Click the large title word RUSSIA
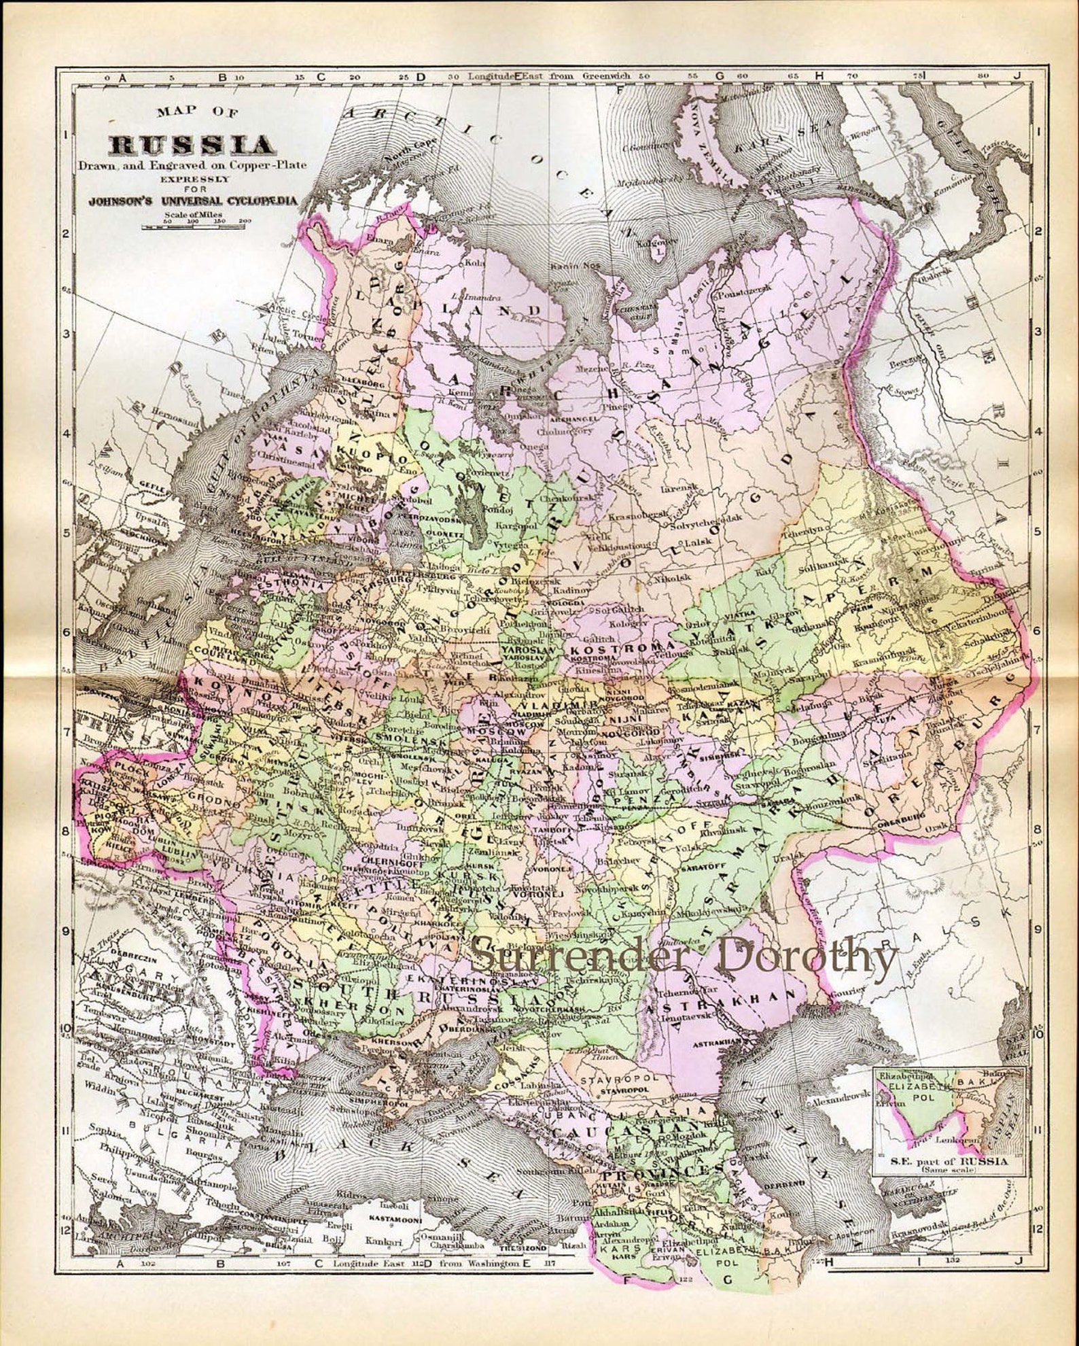(x=193, y=145)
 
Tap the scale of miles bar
(x=197, y=225)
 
